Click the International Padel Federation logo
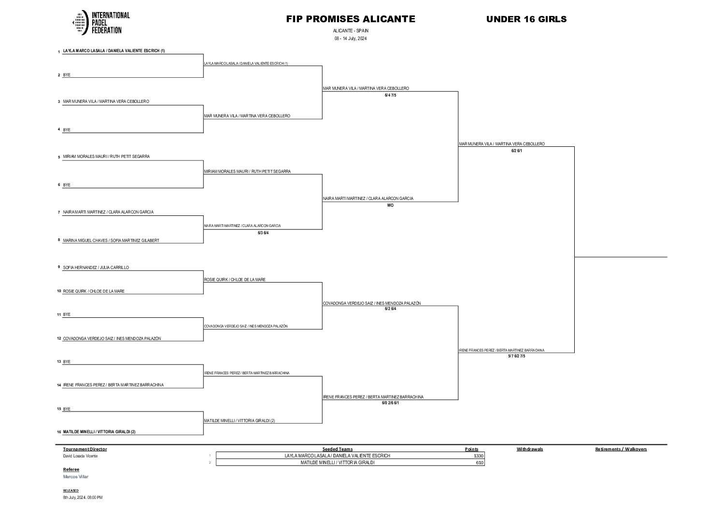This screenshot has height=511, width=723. point(100,23)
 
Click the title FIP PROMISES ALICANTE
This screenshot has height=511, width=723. point(350,19)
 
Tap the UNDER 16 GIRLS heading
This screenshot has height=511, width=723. point(526,19)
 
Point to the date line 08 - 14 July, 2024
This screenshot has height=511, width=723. point(350,39)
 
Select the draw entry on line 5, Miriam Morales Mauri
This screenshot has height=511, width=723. point(106,156)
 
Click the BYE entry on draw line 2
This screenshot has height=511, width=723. point(67,75)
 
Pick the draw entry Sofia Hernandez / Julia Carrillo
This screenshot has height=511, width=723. point(96,268)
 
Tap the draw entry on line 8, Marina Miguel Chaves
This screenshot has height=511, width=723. point(111,241)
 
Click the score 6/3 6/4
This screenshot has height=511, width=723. point(263,233)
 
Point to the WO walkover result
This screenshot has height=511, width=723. point(390,205)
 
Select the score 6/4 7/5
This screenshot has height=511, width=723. point(390,95)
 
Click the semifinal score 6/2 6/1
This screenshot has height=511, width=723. point(517,151)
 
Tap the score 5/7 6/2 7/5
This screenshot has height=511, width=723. point(516,356)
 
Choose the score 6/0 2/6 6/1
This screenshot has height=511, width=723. point(390,403)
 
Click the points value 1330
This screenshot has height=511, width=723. point(478,456)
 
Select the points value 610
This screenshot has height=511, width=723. point(480,463)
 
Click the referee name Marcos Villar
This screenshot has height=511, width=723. point(76,477)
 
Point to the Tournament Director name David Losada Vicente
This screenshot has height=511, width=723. point(80,456)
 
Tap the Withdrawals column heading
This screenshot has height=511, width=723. point(529,449)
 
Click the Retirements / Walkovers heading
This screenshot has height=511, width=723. point(621,449)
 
